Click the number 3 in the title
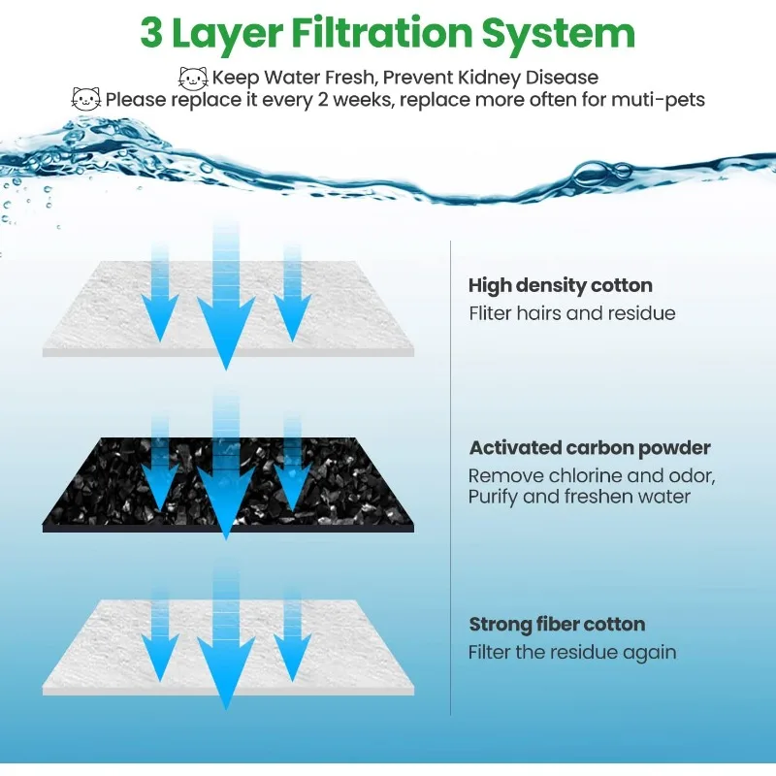[x=153, y=33]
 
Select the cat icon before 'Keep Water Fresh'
[x=193, y=77]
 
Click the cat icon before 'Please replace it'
[x=85, y=99]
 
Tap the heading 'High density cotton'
[x=560, y=285]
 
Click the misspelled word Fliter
[x=491, y=313]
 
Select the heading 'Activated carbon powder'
[x=590, y=448]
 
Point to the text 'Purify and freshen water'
[x=579, y=497]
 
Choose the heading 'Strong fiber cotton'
[x=557, y=624]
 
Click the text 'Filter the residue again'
[x=572, y=652]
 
